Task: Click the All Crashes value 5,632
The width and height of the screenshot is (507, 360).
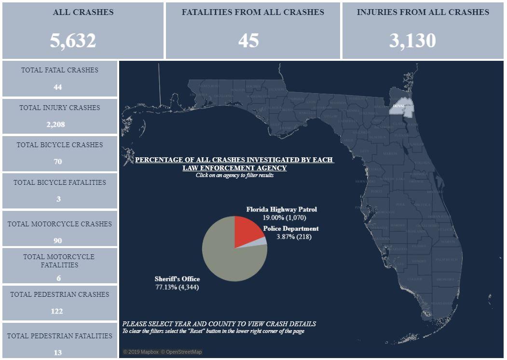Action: click(73, 41)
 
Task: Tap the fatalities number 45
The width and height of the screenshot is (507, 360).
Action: click(248, 41)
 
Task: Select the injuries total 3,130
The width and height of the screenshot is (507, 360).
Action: click(412, 41)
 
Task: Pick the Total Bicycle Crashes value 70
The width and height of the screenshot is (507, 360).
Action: click(58, 162)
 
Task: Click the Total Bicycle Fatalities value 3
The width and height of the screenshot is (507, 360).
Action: click(58, 199)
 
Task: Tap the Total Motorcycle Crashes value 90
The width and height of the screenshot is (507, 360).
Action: click(58, 240)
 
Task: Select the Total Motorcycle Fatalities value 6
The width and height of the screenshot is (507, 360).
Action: click(58, 278)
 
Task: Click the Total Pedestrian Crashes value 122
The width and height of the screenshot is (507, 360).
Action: click(57, 311)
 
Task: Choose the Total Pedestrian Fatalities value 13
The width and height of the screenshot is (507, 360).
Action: click(58, 353)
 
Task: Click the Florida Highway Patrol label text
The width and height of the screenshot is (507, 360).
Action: click(282, 209)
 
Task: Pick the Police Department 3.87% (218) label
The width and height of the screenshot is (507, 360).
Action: click(290, 233)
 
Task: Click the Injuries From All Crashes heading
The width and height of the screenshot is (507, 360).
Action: click(423, 13)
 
